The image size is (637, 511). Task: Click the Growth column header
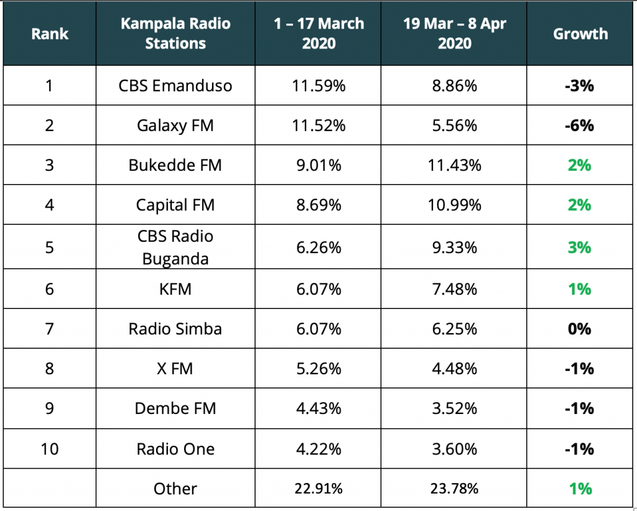tap(580, 34)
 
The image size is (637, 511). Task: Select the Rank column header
tap(49, 34)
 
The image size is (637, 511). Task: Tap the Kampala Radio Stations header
tap(175, 34)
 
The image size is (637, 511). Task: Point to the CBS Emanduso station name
tap(175, 85)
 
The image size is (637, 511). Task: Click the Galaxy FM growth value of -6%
tap(579, 126)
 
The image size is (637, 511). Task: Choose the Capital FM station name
tap(175, 205)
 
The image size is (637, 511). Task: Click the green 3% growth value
tap(579, 247)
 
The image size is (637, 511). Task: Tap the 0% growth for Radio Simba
tap(579, 328)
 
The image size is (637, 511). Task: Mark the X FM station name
tap(175, 369)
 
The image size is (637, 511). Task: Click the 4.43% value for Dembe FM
tap(317, 408)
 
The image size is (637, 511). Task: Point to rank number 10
tap(49, 448)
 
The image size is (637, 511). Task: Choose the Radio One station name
tap(175, 448)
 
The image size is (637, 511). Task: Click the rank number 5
tap(49, 247)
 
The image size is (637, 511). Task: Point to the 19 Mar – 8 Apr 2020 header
tap(455, 34)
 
